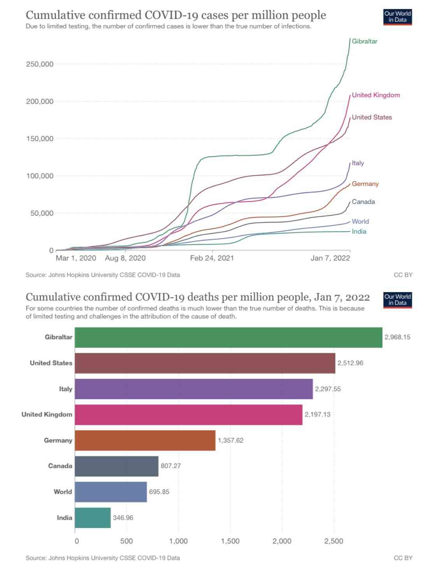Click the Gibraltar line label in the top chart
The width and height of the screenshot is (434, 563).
[x=364, y=41]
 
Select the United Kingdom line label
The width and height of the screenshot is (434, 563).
[x=376, y=95]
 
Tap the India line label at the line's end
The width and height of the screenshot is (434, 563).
[x=359, y=232]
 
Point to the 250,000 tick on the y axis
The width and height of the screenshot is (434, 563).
[x=40, y=64]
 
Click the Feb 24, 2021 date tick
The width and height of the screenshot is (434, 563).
[x=212, y=258]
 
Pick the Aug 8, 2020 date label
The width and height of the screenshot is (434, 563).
[x=125, y=258]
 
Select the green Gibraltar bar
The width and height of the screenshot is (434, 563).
[x=228, y=337]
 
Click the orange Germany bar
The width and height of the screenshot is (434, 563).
[x=145, y=441]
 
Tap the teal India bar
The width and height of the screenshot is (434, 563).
[x=93, y=518]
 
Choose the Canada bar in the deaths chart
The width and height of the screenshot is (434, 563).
[x=116, y=466]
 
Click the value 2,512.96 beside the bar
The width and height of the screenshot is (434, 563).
[x=350, y=363]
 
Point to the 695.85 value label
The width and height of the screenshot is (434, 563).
[x=159, y=492]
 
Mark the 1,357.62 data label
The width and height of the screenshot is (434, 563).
[x=230, y=441]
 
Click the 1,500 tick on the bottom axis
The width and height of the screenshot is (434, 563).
[x=230, y=541]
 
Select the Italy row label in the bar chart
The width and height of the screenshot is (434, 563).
[x=65, y=389]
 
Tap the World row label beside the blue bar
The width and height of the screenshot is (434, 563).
[x=63, y=492]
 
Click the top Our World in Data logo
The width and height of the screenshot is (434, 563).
[x=397, y=17]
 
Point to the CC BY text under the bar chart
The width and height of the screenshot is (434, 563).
[x=403, y=558]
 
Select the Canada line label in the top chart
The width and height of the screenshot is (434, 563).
[x=363, y=202]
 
